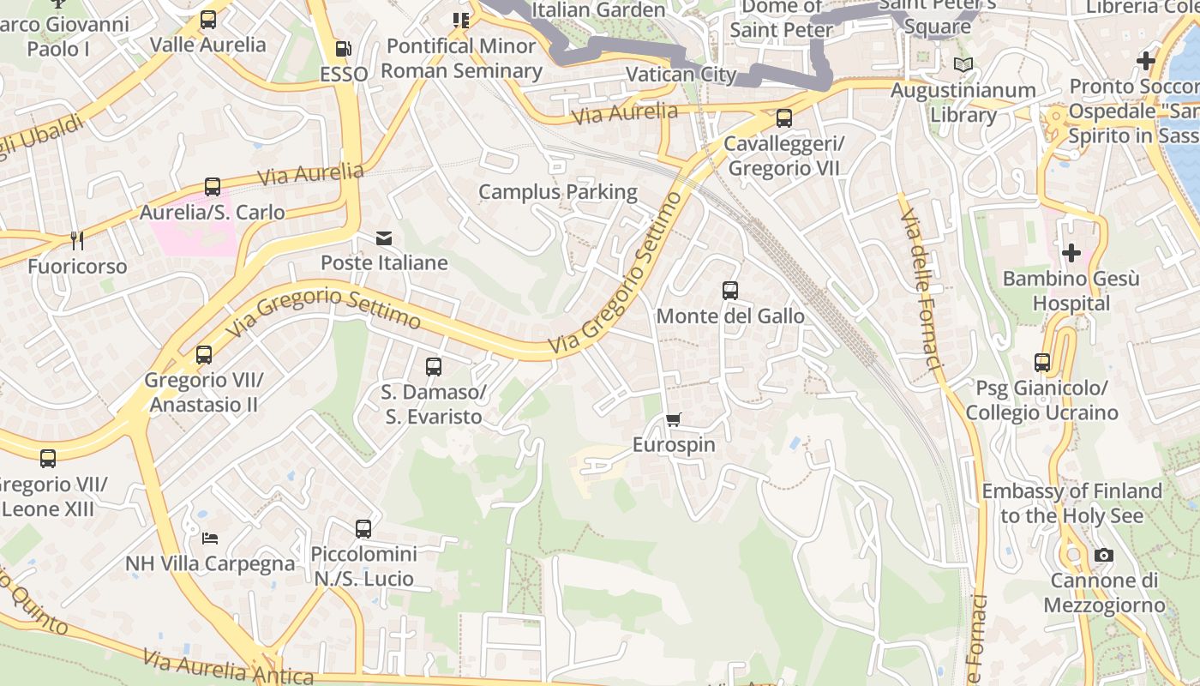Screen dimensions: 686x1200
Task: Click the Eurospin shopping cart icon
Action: point(674,420)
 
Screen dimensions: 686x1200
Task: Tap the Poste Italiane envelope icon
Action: point(384,238)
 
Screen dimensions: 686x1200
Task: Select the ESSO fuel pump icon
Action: point(343,50)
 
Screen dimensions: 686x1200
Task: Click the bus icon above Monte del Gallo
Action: point(730,291)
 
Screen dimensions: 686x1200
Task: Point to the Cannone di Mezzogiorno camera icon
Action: point(1104,556)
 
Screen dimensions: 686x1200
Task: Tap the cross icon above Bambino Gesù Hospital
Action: point(1071,253)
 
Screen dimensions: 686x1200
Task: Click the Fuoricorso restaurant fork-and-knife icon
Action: point(76,241)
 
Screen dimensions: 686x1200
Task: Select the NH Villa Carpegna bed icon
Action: point(210,539)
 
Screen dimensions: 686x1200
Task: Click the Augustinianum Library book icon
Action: point(963,65)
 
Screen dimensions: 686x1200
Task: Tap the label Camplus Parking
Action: point(558,192)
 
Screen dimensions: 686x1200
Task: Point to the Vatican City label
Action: point(681,75)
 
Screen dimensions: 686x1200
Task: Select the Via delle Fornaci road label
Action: point(921,283)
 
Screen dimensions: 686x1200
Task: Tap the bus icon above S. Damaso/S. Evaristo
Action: point(434,367)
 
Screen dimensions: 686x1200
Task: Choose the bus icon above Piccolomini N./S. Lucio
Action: point(363,529)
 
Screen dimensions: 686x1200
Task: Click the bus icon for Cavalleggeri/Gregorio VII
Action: point(783,118)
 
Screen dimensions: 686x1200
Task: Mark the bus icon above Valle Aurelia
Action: point(208,20)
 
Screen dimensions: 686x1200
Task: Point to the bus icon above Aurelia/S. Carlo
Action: point(213,186)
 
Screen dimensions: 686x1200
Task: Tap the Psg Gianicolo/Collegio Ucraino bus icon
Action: point(1042,363)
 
